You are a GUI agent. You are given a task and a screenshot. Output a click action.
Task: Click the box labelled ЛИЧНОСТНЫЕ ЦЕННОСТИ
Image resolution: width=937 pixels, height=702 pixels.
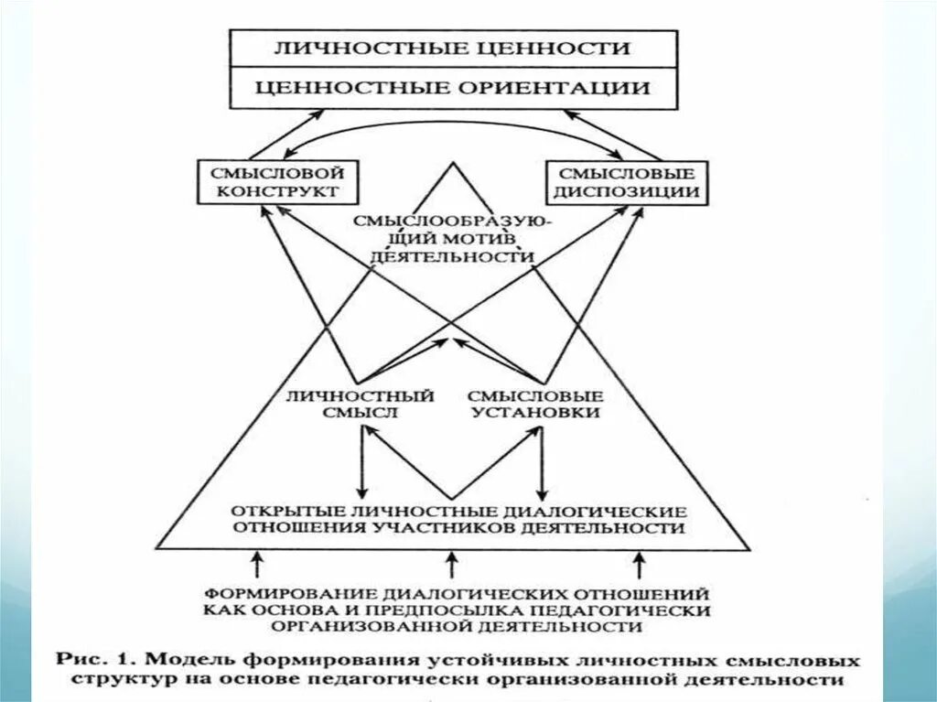pos(453,49)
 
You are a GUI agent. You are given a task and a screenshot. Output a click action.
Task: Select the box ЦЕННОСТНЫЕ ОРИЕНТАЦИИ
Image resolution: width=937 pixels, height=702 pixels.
pos(453,88)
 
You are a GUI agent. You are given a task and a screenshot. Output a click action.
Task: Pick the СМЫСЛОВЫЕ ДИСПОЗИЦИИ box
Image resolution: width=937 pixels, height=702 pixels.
pos(627,181)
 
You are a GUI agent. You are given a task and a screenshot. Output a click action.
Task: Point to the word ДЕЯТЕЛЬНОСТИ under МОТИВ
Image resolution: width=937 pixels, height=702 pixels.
pos(452,257)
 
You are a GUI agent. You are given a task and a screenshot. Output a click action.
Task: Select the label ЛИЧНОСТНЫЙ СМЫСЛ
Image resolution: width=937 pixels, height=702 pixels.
pos(359,404)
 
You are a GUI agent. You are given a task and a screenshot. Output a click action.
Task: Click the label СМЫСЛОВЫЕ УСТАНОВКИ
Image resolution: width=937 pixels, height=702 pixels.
pos(535,404)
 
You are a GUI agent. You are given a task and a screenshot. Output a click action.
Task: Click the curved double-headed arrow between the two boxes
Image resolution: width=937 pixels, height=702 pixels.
pos(453,126)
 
